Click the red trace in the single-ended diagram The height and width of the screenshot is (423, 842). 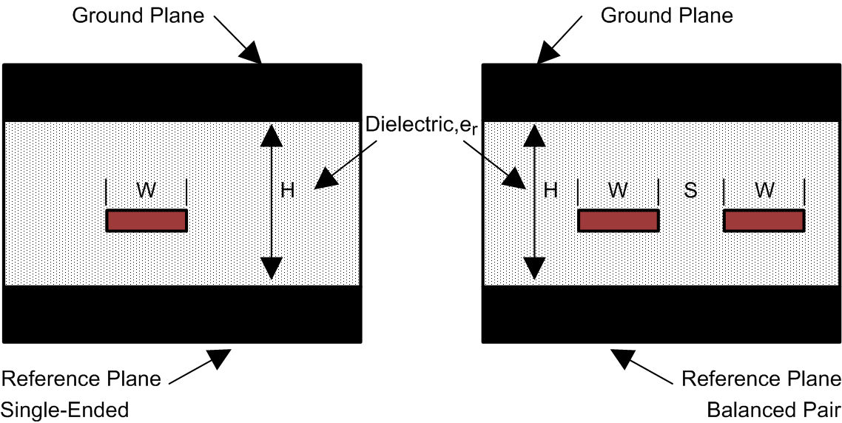point(146,220)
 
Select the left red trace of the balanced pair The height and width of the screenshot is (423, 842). point(618,220)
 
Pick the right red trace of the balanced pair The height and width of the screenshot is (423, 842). point(764,220)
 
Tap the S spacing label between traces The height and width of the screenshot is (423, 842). point(690,190)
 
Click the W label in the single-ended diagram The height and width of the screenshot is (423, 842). point(146,190)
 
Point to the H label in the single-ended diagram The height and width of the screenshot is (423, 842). point(288,190)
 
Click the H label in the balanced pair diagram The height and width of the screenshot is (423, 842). point(550,190)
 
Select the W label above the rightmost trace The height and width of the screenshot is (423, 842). point(764,190)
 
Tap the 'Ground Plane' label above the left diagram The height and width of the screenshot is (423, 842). point(138,16)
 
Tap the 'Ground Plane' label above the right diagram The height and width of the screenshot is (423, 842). point(667,16)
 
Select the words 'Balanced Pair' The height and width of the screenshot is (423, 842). point(772,408)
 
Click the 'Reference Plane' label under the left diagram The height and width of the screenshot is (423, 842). point(81,380)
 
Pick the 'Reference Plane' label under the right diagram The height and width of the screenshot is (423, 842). point(761,380)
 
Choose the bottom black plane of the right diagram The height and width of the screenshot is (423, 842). point(661,314)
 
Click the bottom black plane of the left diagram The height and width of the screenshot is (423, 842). point(183,314)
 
